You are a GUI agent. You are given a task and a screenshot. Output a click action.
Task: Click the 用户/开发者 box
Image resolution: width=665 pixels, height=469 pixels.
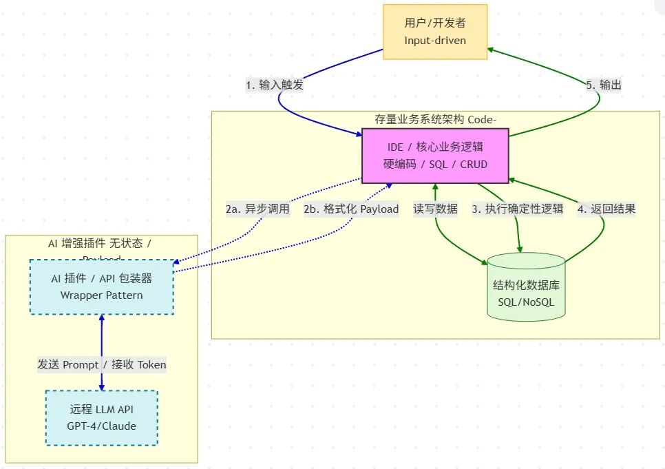coord(435,32)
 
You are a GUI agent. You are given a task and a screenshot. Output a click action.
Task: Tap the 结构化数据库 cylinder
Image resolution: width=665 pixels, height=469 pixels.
coord(526,287)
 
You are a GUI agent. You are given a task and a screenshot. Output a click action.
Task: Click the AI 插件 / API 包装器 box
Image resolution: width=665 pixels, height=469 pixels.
coord(101,287)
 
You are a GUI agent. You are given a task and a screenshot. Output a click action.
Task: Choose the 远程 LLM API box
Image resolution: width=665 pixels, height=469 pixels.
coord(101,417)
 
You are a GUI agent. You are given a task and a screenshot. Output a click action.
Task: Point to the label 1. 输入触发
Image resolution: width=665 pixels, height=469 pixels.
coord(275,85)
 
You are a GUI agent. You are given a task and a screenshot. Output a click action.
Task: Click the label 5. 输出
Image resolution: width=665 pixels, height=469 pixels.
coord(604,85)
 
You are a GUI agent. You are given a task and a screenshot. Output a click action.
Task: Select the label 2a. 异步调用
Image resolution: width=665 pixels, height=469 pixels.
coord(257,209)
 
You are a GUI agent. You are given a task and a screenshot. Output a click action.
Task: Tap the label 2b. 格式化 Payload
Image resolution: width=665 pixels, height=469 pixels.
coord(351,209)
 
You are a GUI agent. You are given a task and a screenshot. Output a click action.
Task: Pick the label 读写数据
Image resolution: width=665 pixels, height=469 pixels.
coord(435,209)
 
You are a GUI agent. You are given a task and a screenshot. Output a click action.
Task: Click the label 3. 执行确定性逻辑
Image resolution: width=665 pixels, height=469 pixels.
coord(517,209)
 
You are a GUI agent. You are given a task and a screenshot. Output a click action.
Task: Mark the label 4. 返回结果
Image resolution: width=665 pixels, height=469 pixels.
coord(606,209)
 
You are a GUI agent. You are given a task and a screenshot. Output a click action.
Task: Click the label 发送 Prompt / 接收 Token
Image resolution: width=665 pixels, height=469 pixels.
coord(102,364)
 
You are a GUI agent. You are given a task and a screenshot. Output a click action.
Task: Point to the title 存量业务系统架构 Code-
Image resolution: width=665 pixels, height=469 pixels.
coord(435,119)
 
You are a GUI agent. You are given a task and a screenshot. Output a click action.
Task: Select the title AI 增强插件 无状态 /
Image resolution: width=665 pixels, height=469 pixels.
coord(101,244)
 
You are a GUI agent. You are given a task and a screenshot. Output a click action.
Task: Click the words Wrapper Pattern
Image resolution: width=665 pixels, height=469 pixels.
coord(101,295)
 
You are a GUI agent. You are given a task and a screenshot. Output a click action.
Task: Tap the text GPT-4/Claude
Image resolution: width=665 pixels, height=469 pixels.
coord(101,426)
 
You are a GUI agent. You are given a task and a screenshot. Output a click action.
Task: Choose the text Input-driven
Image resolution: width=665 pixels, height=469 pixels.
coord(435,41)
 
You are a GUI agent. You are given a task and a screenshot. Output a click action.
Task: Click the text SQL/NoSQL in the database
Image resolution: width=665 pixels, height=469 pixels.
coord(526,302)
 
